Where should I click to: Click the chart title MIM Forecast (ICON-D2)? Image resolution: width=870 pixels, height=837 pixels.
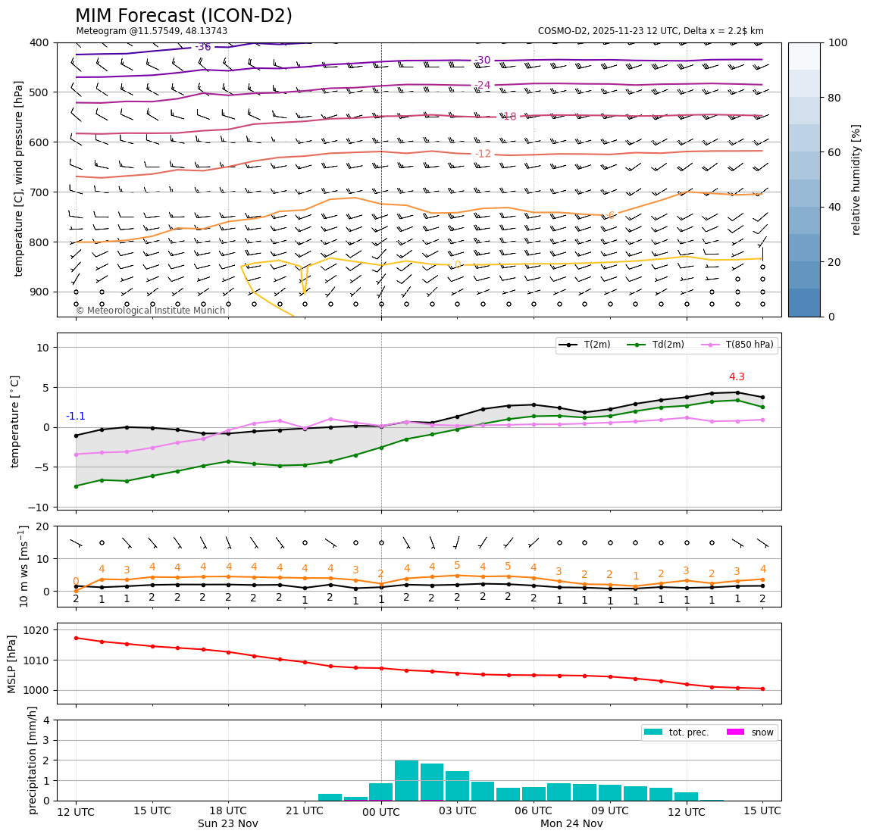tap(183, 16)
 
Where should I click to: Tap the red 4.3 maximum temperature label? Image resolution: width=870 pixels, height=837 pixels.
tap(737, 377)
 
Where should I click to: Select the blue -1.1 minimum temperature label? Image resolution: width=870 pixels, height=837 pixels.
tap(76, 417)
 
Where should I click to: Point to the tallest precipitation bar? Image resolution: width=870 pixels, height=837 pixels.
tap(406, 780)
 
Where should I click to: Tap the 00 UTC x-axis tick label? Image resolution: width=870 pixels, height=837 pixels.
tap(381, 811)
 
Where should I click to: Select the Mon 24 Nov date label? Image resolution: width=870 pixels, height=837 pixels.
tap(571, 824)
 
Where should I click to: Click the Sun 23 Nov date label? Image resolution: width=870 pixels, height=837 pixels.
tap(228, 824)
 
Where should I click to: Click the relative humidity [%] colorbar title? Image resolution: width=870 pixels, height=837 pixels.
tap(856, 180)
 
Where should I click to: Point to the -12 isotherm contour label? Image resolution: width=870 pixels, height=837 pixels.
tap(483, 154)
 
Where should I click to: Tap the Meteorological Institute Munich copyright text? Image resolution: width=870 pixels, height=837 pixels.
tap(151, 311)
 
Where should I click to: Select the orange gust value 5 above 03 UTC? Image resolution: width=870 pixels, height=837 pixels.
tap(457, 566)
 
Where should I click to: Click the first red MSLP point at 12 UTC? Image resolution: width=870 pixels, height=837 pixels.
tap(76, 638)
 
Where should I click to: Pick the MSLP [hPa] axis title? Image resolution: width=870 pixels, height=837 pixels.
tap(12, 664)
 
